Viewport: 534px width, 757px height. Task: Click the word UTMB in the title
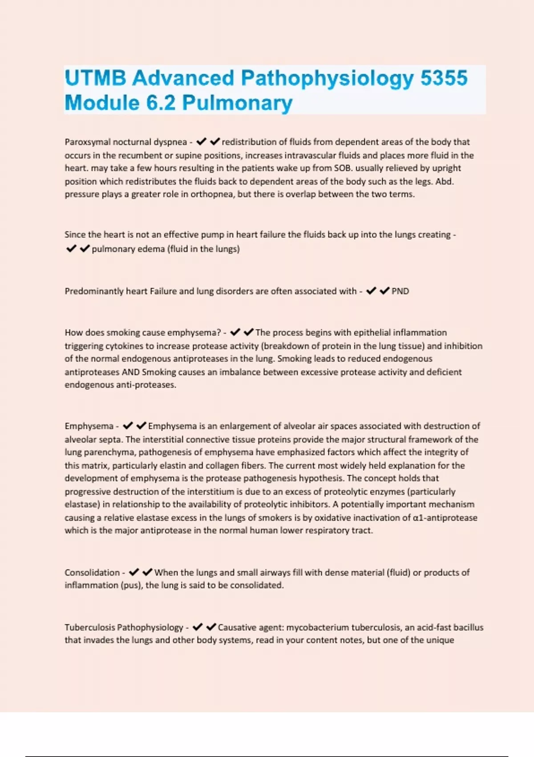[95, 78]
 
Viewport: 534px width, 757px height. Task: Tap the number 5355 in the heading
[444, 78]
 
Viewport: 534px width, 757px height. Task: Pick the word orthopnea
[213, 194]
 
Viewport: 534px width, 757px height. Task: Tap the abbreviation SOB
[342, 168]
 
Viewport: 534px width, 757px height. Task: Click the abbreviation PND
[400, 291]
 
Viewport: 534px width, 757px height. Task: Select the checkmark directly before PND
[384, 291]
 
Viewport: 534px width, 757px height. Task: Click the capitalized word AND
[131, 372]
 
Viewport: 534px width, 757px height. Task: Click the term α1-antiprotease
[445, 518]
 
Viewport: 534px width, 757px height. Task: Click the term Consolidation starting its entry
[92, 573]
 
